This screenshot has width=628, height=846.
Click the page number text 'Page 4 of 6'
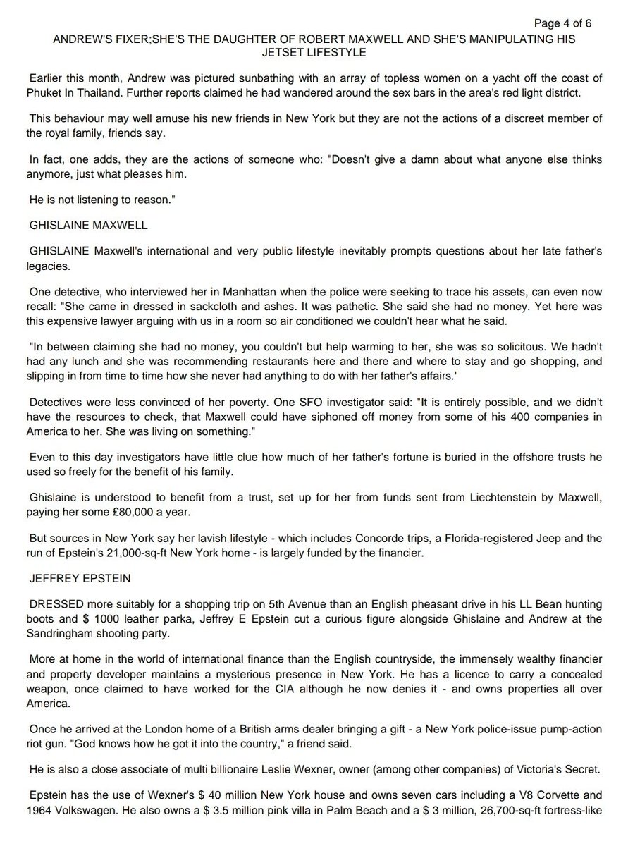click(562, 23)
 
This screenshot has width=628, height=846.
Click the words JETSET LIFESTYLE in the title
click(314, 52)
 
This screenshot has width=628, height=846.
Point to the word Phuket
click(47, 92)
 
